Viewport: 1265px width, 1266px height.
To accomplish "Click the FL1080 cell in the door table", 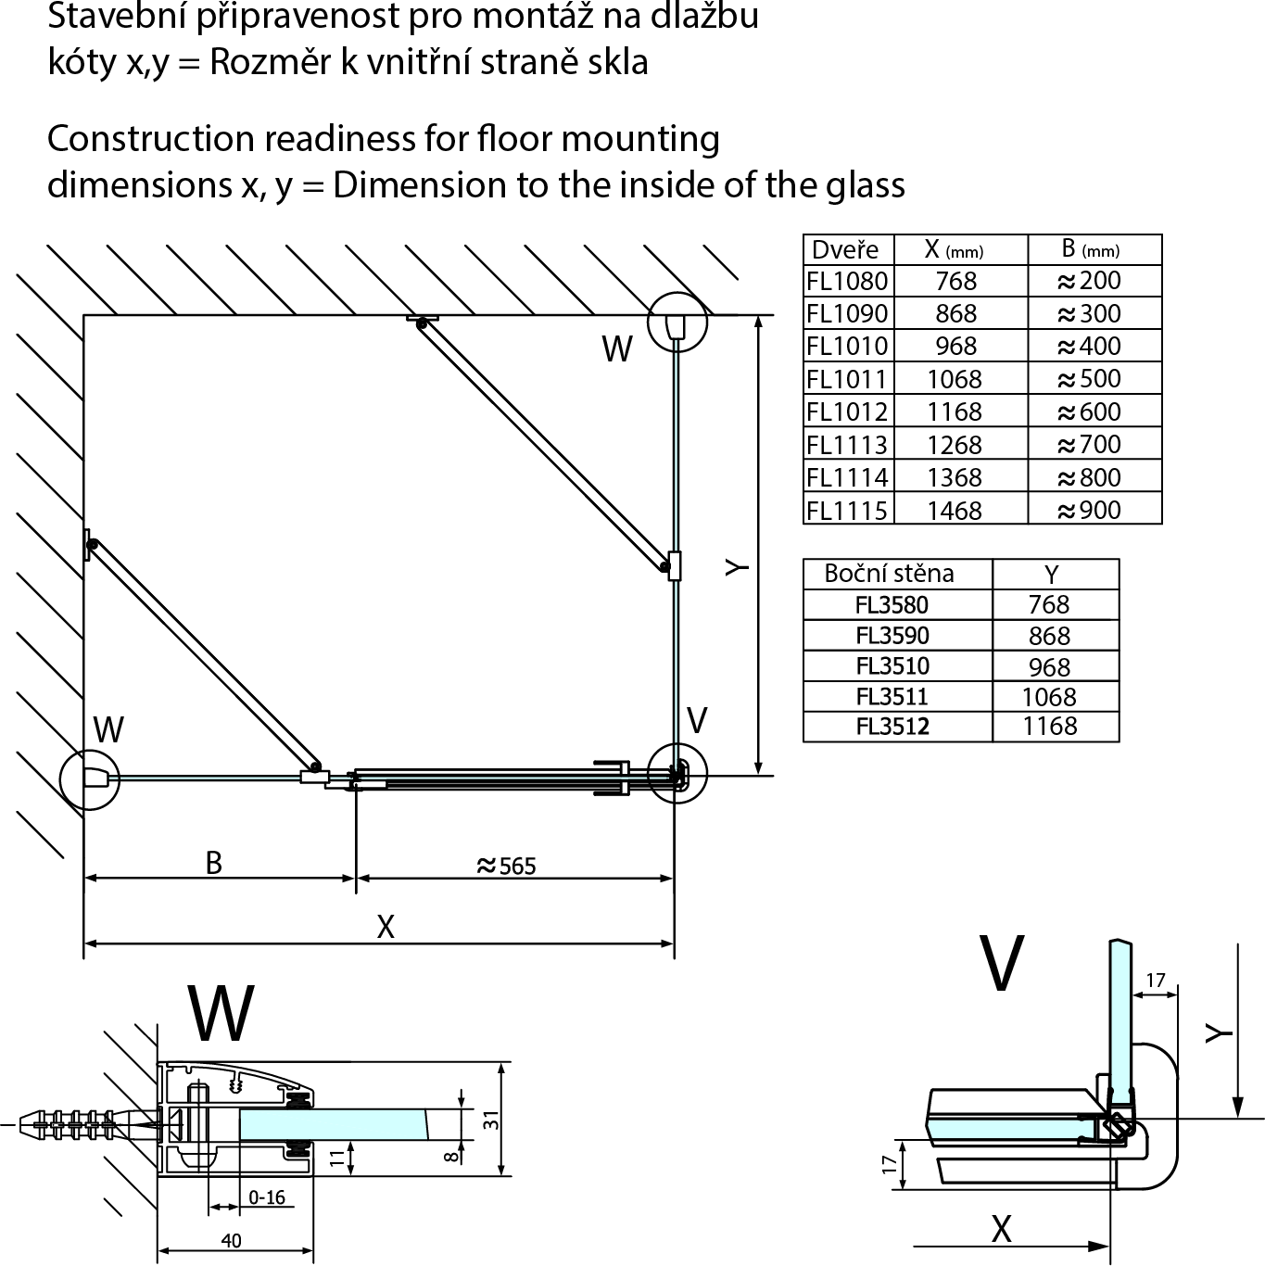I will click(x=847, y=281).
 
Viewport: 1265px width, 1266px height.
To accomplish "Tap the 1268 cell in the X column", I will click(x=955, y=445).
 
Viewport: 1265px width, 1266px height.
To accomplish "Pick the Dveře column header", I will click(x=844, y=249).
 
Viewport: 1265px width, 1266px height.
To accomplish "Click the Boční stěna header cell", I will click(x=889, y=574).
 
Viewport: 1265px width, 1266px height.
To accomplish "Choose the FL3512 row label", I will click(x=892, y=727).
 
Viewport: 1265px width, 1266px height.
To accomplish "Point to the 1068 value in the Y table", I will click(x=1049, y=697).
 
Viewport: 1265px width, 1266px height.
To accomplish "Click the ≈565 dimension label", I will click(x=506, y=866).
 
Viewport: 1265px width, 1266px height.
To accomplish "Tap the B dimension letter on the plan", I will click(x=213, y=863).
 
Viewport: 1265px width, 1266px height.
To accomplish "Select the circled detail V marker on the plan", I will click(x=677, y=773).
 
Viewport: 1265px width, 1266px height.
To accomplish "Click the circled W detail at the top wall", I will click(x=677, y=323).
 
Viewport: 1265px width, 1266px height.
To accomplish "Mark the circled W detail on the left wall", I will click(x=89, y=779).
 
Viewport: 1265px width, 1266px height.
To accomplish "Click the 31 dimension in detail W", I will click(x=491, y=1120).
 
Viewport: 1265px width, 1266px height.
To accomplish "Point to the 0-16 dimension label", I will click(x=267, y=1197).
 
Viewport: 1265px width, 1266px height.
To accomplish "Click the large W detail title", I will click(x=221, y=1014).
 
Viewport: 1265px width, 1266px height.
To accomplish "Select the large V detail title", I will click(x=1002, y=964).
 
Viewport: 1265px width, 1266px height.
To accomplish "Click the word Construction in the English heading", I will click(x=151, y=139).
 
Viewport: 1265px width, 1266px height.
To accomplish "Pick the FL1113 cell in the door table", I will click(x=847, y=445).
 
